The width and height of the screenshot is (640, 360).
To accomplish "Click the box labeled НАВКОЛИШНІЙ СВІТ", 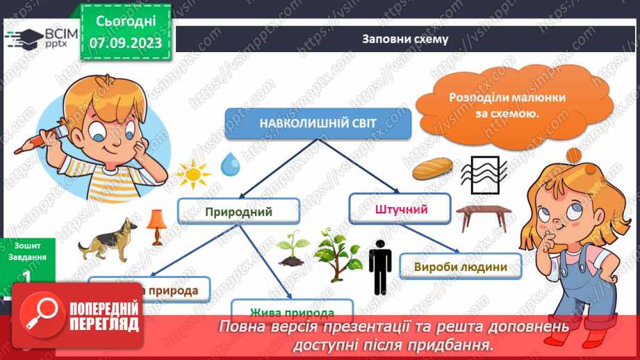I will tap(318, 122).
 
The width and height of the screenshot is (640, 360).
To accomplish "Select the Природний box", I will tap(238, 211).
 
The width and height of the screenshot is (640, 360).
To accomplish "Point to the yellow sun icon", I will tap(189, 173).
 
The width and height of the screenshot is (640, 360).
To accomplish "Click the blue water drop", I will tap(229, 164).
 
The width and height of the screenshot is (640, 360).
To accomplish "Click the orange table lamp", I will tap(154, 227).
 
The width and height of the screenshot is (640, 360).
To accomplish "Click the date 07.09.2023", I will tap(126, 43).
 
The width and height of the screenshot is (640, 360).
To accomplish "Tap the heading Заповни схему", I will tap(404, 39).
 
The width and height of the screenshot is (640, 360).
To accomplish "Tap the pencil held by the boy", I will tap(28, 142).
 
